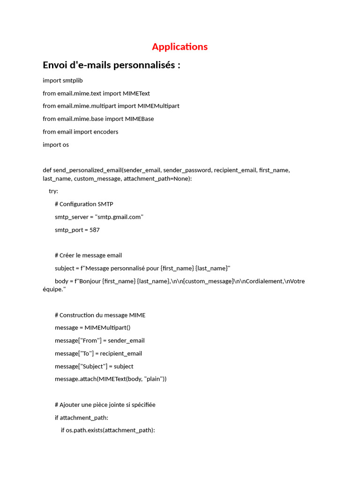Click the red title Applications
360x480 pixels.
tap(180, 46)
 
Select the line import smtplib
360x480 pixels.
tap(63, 81)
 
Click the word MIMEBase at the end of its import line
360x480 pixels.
tap(139, 119)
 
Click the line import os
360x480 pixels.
tap(56, 144)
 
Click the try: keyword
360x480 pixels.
tap(53, 191)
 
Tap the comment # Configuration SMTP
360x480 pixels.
tap(84, 204)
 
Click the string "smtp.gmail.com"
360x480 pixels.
tap(119, 217)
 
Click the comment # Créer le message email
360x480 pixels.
tap(88, 255)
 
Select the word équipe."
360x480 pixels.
tap(54, 289)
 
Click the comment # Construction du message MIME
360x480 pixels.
tap(100, 315)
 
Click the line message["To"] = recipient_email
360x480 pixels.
tap(98, 353)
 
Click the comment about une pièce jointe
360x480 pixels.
tap(105, 405)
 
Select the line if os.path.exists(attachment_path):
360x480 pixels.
tap(108, 430)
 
